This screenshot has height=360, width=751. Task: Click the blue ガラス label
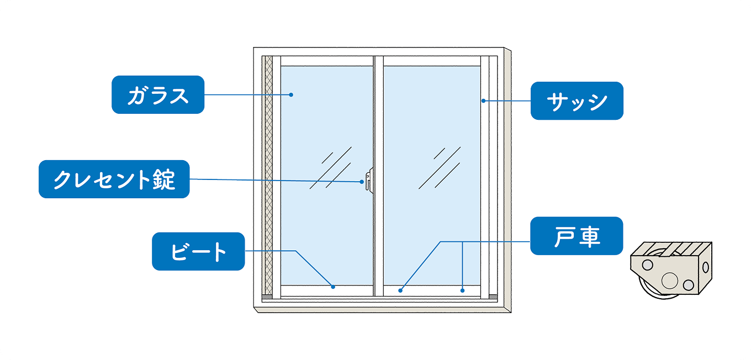pos(158,95)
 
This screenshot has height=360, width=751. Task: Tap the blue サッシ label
pos(577,101)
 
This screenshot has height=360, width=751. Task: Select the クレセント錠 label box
pos(114,179)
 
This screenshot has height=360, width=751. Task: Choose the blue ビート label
pos(198,251)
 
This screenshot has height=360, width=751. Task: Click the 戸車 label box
pos(577,236)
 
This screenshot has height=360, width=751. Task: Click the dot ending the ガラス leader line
pos(290,95)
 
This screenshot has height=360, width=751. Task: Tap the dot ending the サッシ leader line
pos(483,100)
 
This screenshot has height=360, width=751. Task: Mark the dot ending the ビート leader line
pos(333,287)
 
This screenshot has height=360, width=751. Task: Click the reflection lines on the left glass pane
pos(330,168)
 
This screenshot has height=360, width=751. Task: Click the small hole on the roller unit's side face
pos(705,267)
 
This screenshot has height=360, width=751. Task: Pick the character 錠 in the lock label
pos(163,179)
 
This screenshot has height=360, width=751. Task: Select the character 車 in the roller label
pos(590,236)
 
